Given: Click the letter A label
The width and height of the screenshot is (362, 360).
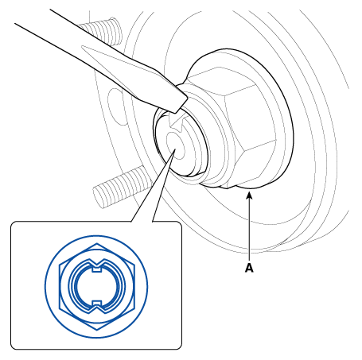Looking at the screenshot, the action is (249, 268).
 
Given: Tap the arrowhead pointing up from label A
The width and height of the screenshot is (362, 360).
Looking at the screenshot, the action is (249, 195).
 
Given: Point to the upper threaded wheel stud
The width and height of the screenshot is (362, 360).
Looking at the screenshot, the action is (102, 30).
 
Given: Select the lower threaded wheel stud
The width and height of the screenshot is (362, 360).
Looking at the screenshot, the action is (119, 187).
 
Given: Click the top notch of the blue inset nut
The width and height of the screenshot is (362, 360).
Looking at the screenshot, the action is (96, 264).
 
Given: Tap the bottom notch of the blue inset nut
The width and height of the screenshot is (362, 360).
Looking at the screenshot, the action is (96, 308).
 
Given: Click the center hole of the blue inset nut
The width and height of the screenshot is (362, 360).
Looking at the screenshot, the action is (96, 287).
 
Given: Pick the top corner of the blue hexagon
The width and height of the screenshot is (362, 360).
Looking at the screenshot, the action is (96, 244).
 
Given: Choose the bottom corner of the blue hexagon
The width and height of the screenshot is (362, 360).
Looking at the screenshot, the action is (96, 330).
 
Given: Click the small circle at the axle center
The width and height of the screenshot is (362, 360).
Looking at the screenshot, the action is (174, 145).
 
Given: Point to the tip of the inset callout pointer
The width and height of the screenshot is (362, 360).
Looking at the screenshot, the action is (175, 149).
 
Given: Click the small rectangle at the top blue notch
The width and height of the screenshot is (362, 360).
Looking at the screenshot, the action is (96, 269).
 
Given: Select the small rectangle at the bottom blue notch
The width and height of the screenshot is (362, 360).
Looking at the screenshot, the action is (96, 303).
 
